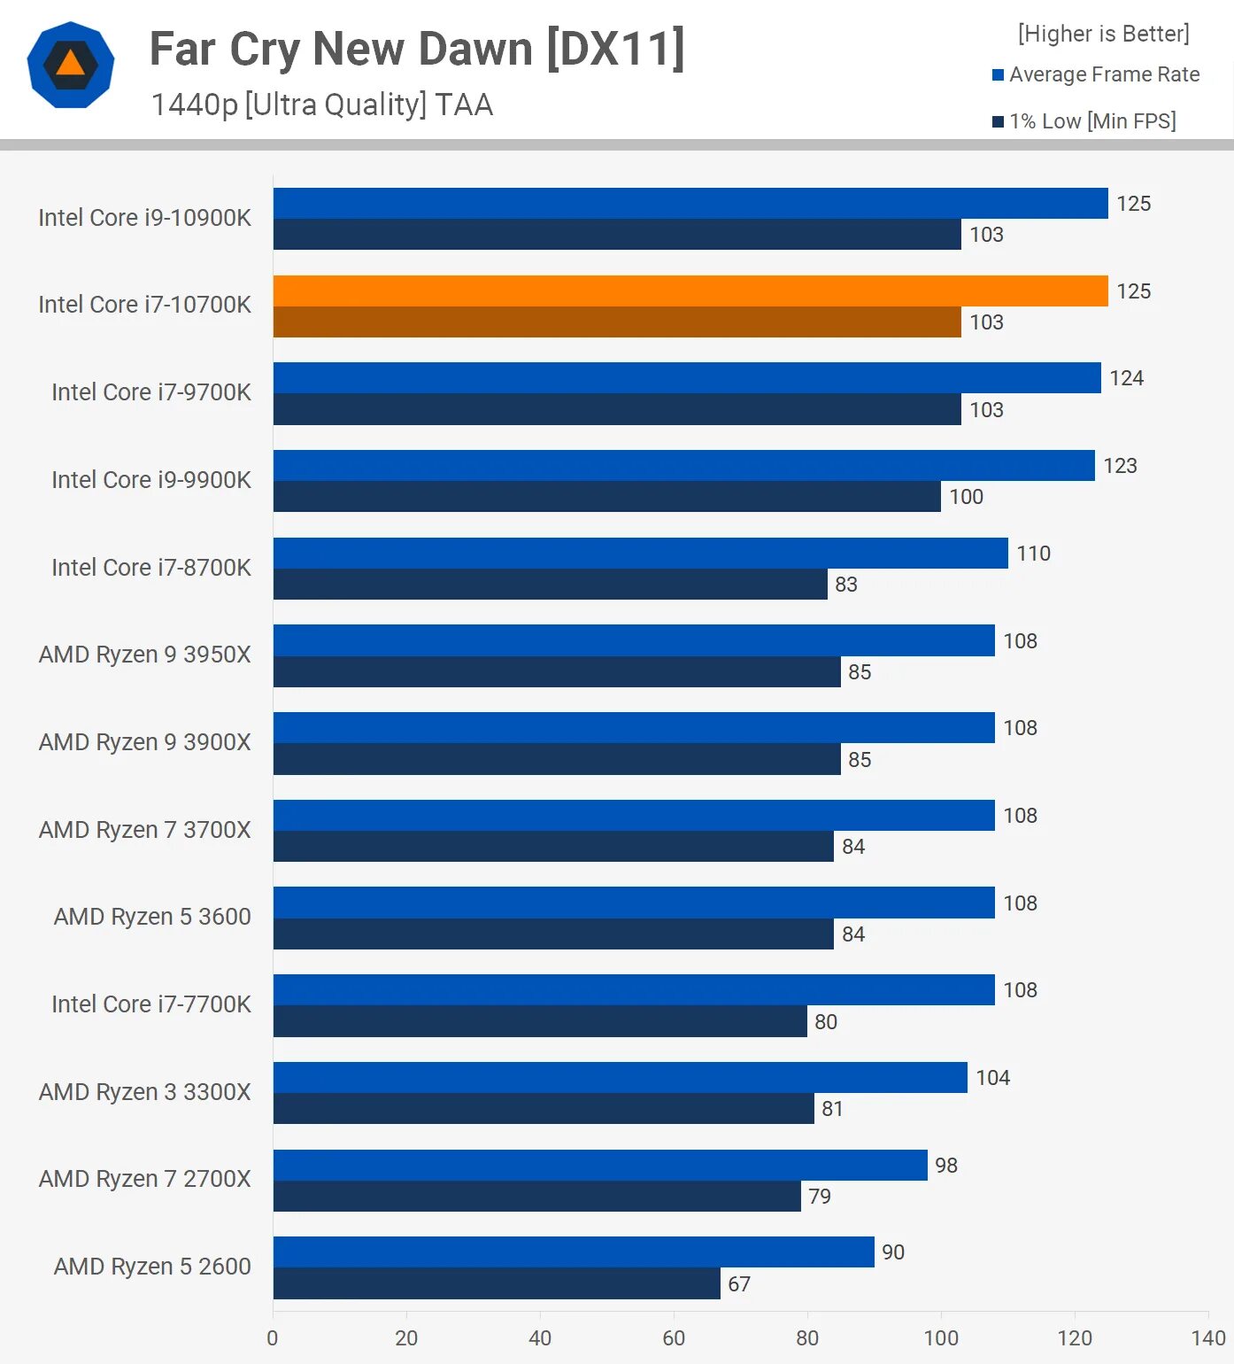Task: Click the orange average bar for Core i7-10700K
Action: click(690, 291)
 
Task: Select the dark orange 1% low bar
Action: click(617, 322)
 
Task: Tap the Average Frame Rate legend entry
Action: click(1096, 74)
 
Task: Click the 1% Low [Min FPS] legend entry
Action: click(1084, 121)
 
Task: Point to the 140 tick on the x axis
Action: click(1207, 1337)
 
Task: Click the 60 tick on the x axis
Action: click(674, 1337)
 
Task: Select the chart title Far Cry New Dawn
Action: click(417, 50)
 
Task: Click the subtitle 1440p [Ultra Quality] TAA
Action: click(322, 105)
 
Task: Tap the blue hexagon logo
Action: click(71, 65)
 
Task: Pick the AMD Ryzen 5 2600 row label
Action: click(152, 1267)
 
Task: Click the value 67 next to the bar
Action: click(739, 1284)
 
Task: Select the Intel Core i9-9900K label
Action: click(151, 480)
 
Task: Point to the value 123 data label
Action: click(1120, 466)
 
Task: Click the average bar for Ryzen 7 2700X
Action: click(600, 1165)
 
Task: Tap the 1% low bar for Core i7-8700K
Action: click(550, 585)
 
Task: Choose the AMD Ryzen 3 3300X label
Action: click(145, 1092)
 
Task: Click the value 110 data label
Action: click(1033, 554)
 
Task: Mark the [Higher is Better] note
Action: click(1103, 34)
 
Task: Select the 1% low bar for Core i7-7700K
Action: click(540, 1021)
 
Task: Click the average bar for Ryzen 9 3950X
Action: click(634, 640)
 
